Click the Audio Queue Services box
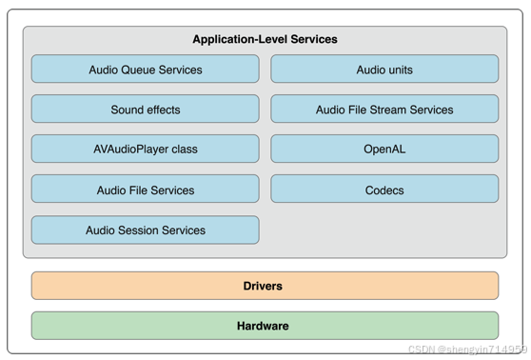pos(145,70)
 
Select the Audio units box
pos(384,70)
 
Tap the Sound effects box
pos(145,110)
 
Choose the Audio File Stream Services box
pos(384,110)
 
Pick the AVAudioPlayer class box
pos(145,150)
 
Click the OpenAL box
pos(384,150)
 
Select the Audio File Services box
pos(145,190)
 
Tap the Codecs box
pos(384,190)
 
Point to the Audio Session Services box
pos(145,230)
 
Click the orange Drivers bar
pos(264,286)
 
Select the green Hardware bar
pos(264,326)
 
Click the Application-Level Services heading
pos(265,39)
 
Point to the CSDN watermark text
pos(466,350)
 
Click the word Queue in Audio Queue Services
pos(141,70)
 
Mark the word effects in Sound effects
pos(161,110)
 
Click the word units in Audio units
pos(400,70)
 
